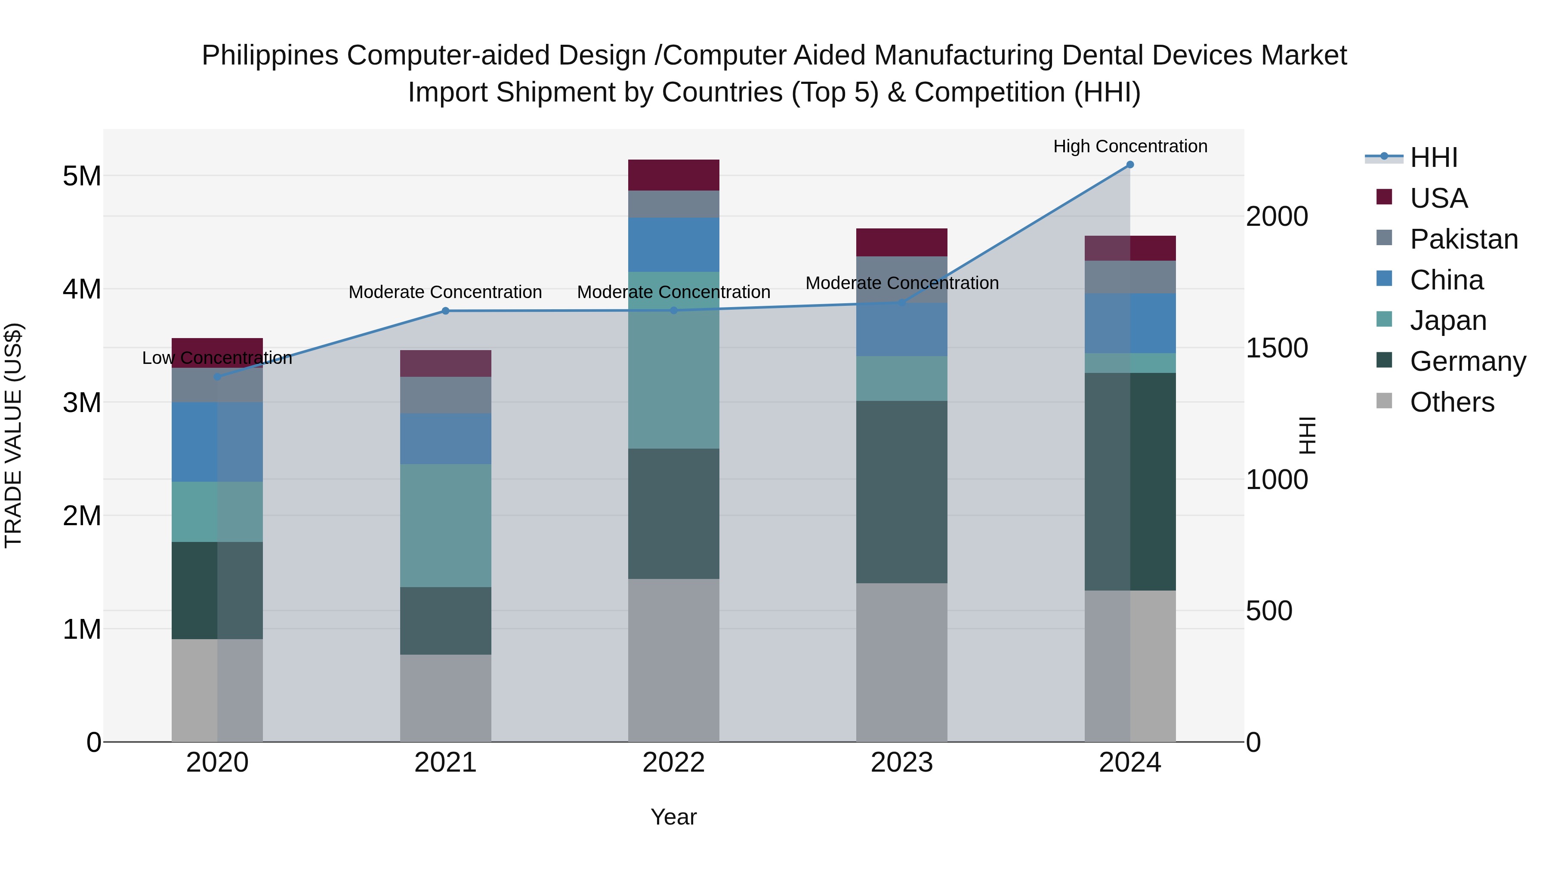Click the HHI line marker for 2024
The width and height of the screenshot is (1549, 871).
pyautogui.click(x=1130, y=165)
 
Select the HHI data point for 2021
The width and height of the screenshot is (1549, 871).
pyautogui.click(x=446, y=311)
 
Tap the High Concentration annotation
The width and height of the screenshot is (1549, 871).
pyautogui.click(x=1130, y=146)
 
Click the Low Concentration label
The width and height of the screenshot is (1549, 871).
pyautogui.click(x=217, y=358)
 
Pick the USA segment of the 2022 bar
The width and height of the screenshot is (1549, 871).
pyautogui.click(x=673, y=175)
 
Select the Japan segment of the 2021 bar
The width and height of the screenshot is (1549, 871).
pyautogui.click(x=446, y=525)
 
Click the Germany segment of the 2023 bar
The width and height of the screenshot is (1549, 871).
pyautogui.click(x=901, y=491)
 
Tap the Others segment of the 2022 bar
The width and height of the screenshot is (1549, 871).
pyautogui.click(x=673, y=659)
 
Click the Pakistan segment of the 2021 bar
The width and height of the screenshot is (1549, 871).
pyautogui.click(x=446, y=395)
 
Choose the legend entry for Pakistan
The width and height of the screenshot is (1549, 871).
pyautogui.click(x=1464, y=239)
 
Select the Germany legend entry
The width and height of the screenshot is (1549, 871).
pyautogui.click(x=1467, y=361)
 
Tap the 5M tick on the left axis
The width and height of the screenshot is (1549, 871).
pyautogui.click(x=82, y=176)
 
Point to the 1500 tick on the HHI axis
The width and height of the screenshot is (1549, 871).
pyautogui.click(x=1276, y=348)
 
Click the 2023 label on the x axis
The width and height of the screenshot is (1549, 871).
pyautogui.click(x=901, y=763)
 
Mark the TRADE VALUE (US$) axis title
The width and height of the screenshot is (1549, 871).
pyautogui.click(x=13, y=435)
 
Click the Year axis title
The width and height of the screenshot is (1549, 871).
pyautogui.click(x=673, y=817)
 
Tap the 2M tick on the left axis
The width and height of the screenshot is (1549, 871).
pyautogui.click(x=82, y=516)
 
